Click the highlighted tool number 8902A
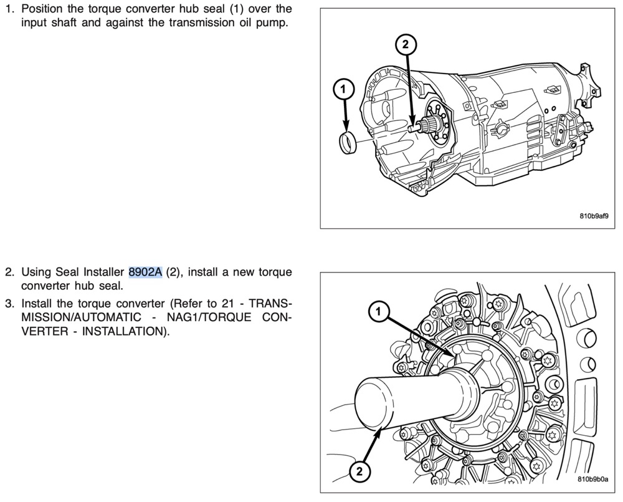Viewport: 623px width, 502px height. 145,272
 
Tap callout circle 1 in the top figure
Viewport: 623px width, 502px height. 343,90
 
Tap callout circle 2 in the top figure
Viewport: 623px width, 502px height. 406,44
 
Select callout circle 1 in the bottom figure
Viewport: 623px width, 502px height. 378,311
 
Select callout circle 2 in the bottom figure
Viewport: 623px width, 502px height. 359,472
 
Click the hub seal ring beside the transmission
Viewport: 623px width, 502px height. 348,142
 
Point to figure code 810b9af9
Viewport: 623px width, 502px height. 594,216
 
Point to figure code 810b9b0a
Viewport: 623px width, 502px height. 593,479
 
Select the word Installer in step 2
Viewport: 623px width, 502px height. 103,272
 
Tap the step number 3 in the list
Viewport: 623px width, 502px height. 9,304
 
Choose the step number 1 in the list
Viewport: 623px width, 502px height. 9,9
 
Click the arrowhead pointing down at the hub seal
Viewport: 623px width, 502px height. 346,127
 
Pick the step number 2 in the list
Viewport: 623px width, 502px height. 9,272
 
